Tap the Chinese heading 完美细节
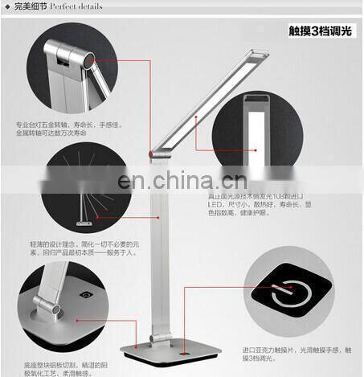30,7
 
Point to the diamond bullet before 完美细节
6,7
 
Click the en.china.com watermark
181,181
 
